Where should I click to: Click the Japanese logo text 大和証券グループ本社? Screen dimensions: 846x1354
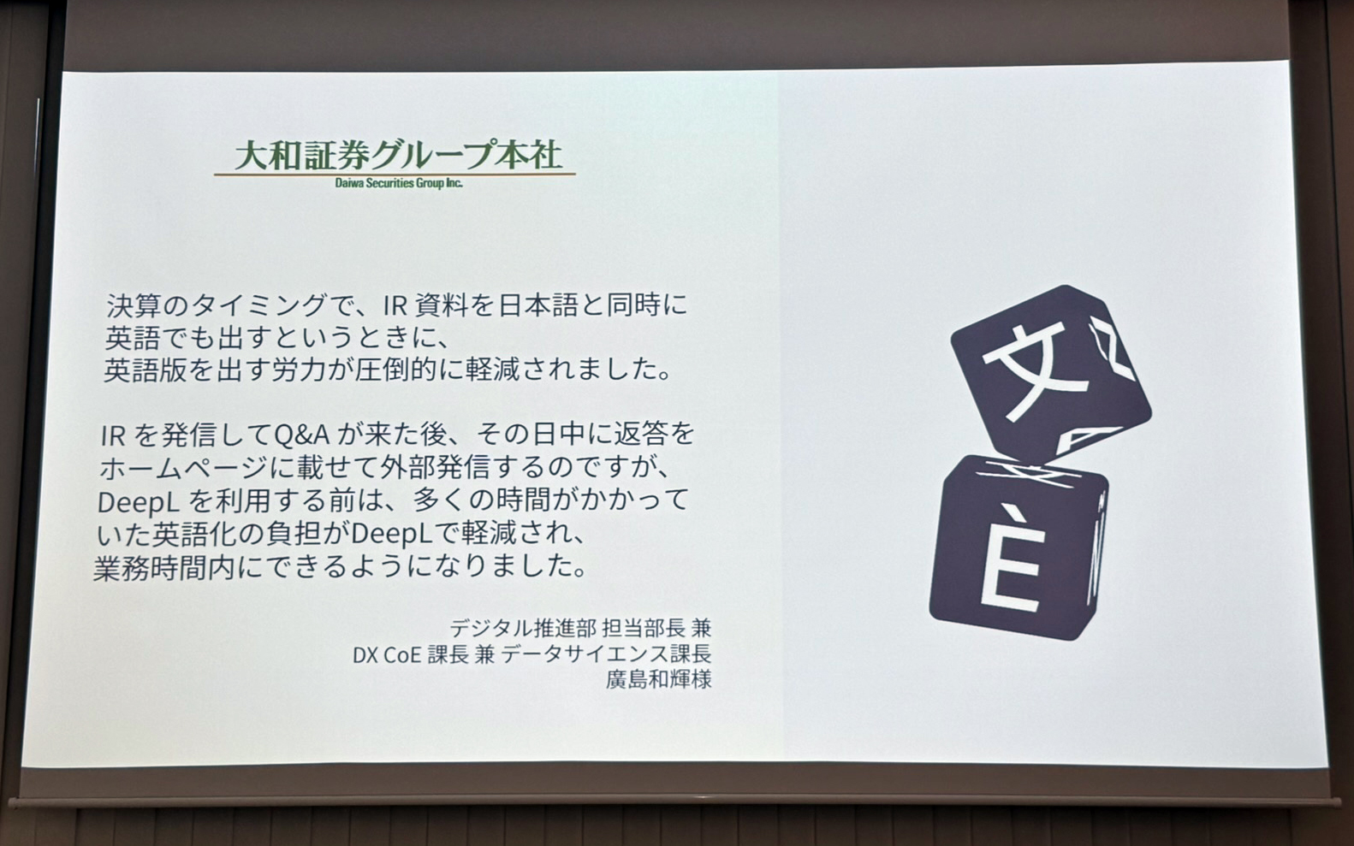coord(397,155)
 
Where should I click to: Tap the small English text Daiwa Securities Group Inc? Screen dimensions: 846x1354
coord(398,183)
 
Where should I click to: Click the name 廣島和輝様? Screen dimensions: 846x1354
coord(658,680)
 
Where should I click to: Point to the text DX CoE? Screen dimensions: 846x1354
coord(386,654)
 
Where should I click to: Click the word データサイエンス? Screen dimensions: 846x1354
coord(581,654)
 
